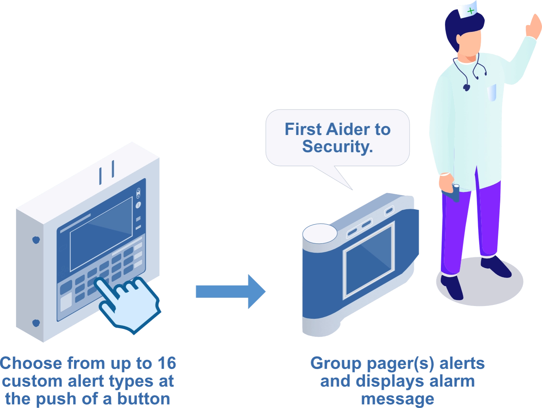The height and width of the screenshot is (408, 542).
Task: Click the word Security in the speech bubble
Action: coord(337,146)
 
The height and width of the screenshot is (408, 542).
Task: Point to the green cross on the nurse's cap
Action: coord(470,11)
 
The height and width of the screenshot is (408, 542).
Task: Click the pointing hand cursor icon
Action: coord(128,303)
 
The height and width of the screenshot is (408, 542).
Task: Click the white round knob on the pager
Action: coord(320,233)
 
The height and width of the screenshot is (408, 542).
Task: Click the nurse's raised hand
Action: coord(533,25)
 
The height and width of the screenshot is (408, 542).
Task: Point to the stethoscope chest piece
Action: coord(467,87)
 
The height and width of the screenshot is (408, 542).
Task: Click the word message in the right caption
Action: coord(397,399)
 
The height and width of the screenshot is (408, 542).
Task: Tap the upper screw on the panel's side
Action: coord(36,240)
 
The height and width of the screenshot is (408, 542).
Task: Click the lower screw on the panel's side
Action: coord(36,322)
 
